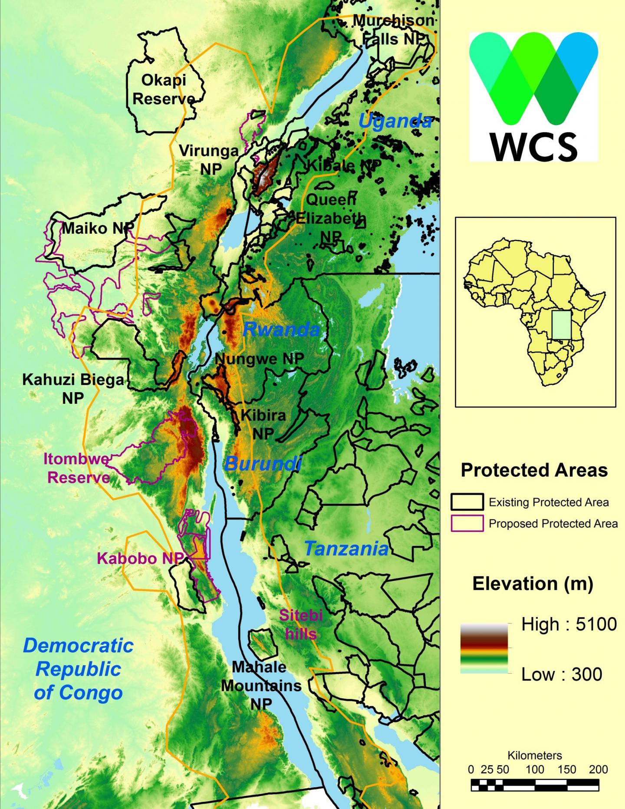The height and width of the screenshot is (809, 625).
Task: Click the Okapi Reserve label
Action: (x=164, y=89)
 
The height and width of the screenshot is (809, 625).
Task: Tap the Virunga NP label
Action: (x=210, y=160)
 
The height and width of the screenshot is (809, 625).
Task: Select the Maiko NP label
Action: (x=98, y=228)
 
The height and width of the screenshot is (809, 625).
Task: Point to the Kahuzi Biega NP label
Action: (x=73, y=388)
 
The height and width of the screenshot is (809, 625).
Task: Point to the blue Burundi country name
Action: (x=263, y=464)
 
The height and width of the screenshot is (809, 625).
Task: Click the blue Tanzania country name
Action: (x=346, y=549)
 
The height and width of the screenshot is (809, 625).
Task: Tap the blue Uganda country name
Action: (x=395, y=121)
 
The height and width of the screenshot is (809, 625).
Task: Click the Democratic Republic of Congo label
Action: (x=78, y=669)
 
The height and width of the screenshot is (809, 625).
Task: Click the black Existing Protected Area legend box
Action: (x=467, y=502)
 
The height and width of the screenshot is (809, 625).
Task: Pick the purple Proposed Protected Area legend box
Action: (x=467, y=523)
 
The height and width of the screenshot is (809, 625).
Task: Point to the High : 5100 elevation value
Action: (x=569, y=624)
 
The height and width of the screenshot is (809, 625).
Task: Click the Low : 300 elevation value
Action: (x=562, y=674)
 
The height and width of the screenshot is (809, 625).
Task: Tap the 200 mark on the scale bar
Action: (x=598, y=769)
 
